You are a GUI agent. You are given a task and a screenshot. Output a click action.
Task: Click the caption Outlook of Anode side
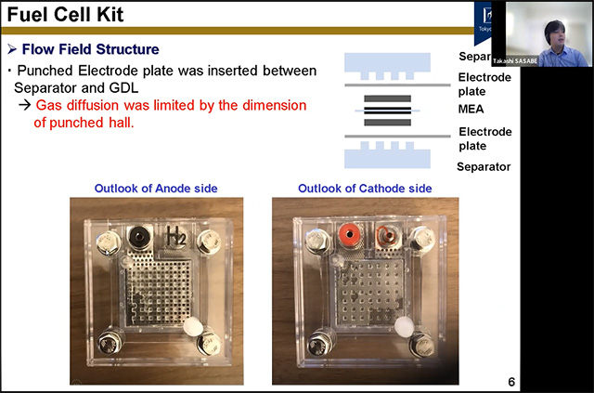[156, 189]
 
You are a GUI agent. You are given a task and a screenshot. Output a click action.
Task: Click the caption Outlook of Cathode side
[365, 189]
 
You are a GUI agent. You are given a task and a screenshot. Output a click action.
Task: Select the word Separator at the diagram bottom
[484, 167]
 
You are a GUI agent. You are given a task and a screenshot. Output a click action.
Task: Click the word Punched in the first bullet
[48, 71]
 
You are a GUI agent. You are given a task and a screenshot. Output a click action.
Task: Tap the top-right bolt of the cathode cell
[424, 239]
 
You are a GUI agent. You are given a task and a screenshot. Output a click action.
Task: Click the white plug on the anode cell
[192, 327]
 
